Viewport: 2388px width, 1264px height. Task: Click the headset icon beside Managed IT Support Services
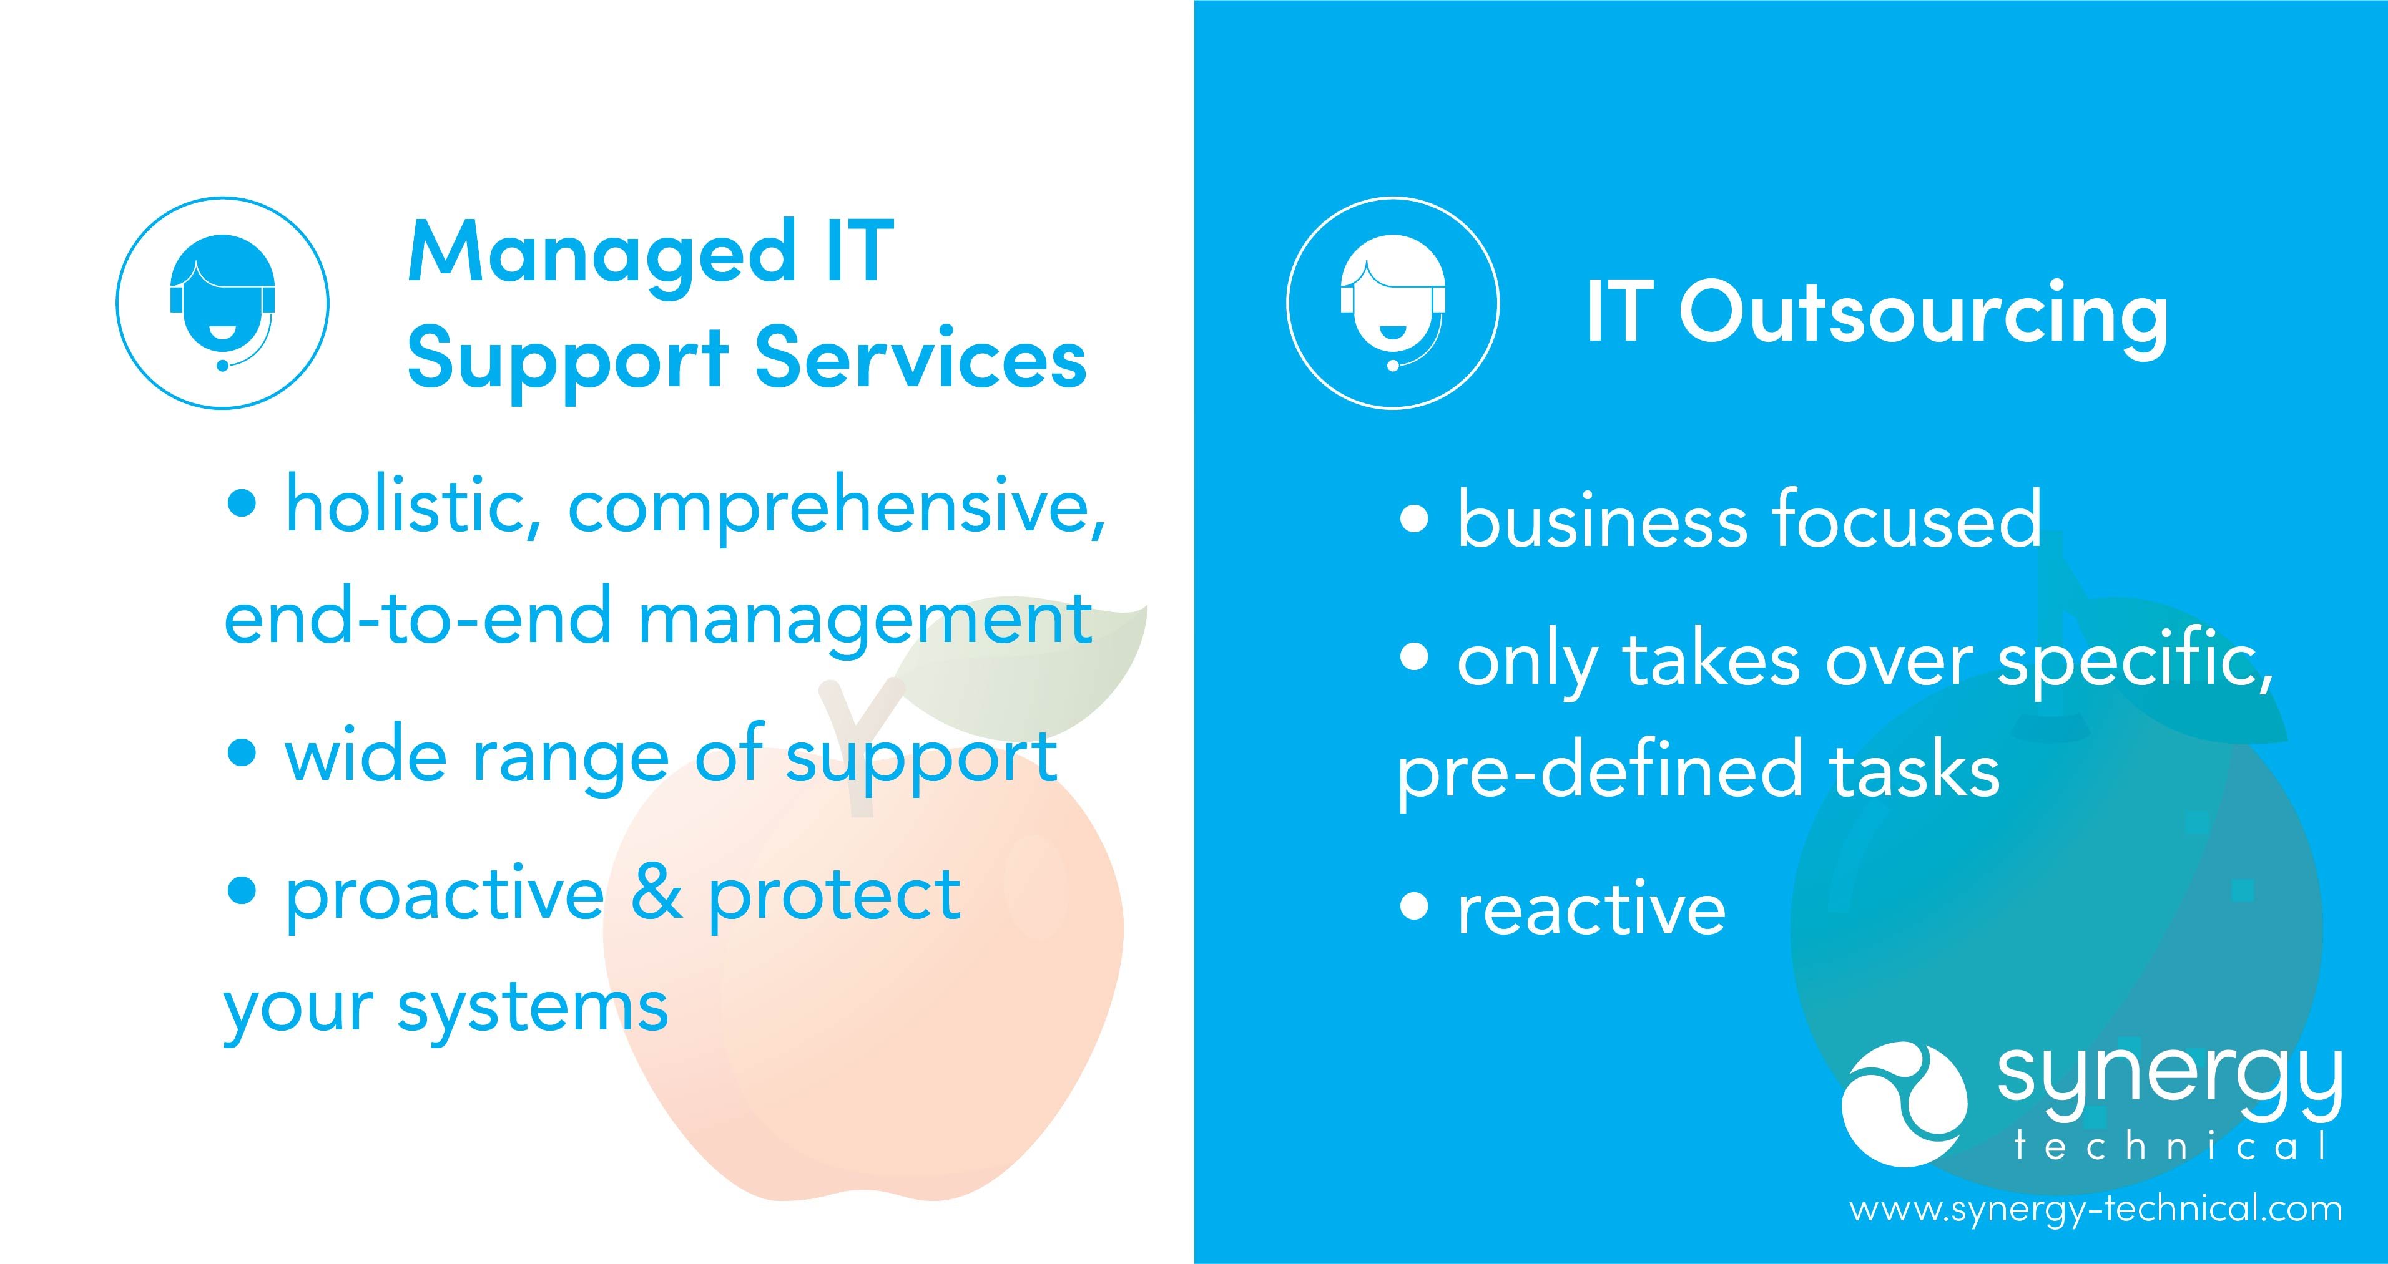(222, 303)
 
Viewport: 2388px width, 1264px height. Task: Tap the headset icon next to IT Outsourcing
(1392, 303)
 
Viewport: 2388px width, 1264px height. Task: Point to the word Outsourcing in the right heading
(1924, 314)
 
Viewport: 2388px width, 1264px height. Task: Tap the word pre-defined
(1599, 771)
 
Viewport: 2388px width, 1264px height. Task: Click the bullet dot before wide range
(241, 752)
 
